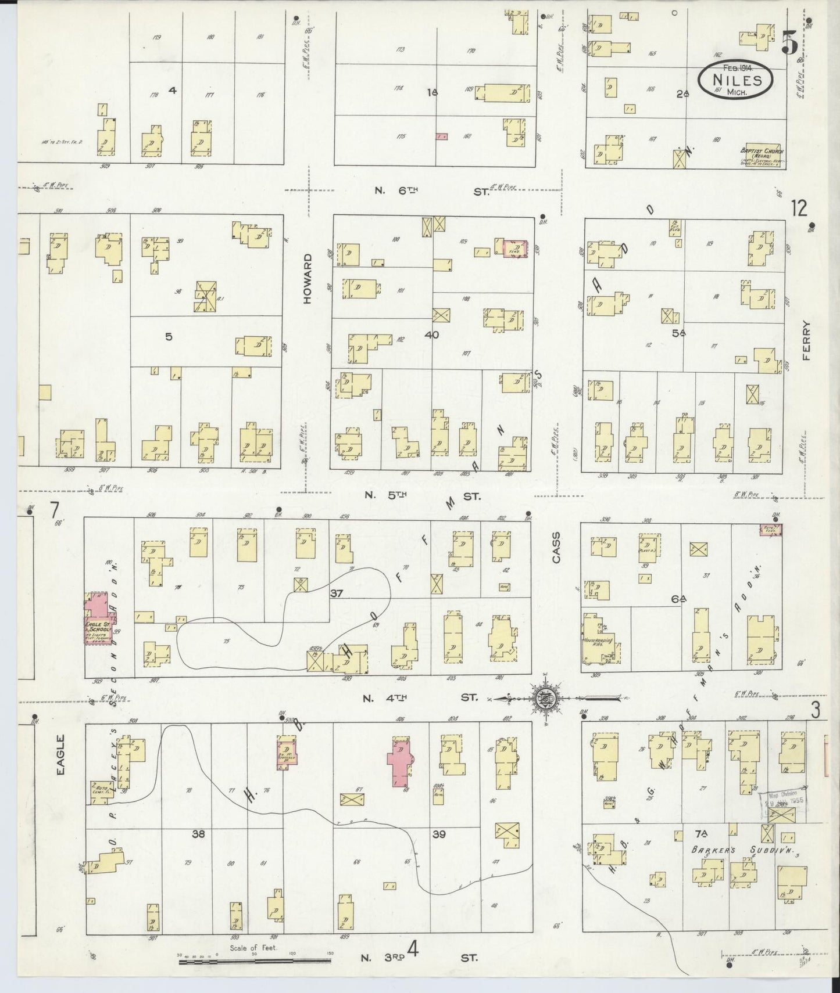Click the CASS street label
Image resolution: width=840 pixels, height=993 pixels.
556,547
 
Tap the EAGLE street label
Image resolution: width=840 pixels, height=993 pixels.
60,754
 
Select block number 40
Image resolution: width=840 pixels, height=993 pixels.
431,334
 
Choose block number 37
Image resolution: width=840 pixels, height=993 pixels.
337,593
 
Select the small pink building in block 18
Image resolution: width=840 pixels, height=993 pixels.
441,136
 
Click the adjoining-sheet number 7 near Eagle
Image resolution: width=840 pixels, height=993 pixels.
54,510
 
